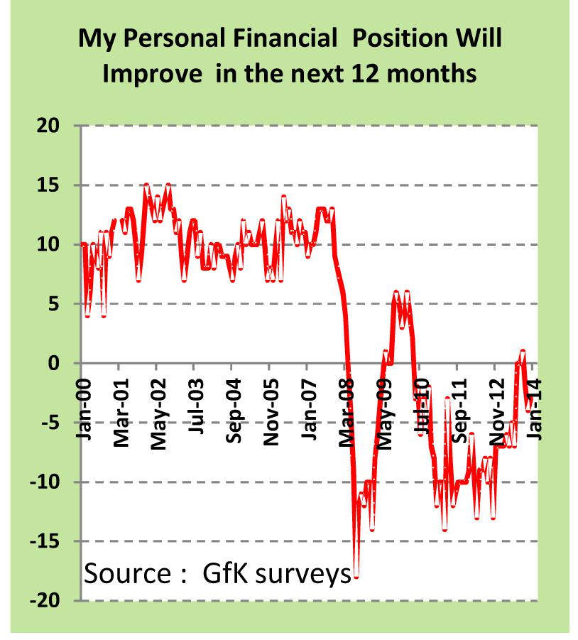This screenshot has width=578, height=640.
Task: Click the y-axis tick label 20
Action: (x=53, y=126)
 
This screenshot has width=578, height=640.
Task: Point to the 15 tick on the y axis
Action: (x=53, y=185)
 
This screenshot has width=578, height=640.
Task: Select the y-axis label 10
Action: (x=53, y=244)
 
